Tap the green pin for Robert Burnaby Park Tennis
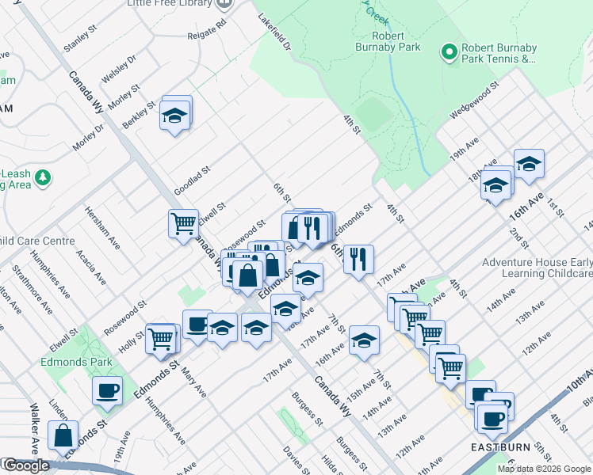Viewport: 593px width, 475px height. point(450,52)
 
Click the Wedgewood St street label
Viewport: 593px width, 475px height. point(473,98)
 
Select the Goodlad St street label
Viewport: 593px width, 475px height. point(191,180)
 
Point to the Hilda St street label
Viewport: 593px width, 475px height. point(329,460)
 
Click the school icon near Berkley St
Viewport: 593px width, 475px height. point(174,117)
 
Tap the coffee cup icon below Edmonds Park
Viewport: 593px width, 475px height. point(108,389)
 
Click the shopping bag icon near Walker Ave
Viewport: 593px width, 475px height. point(63,435)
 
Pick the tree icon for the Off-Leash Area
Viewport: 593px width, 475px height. point(43,179)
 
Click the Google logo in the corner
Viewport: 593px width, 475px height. point(25,465)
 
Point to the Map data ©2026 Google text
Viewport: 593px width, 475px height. point(543,469)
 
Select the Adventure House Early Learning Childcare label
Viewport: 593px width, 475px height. point(537,268)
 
